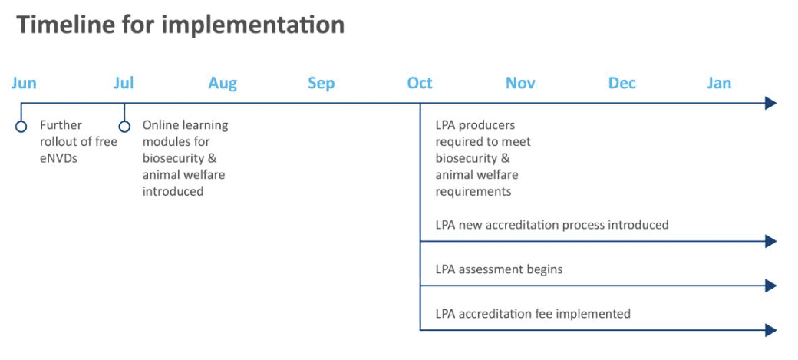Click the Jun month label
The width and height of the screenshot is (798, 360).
[x=24, y=83]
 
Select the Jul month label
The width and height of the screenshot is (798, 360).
[x=124, y=83]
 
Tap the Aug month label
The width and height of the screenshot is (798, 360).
[x=223, y=84]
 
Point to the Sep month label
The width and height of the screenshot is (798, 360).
[x=322, y=84]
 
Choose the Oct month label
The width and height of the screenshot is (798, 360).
[x=420, y=83]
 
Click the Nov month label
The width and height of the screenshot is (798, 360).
[x=520, y=83]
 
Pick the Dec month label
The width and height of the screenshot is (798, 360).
[x=622, y=83]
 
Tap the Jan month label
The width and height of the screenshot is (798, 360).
[x=719, y=83]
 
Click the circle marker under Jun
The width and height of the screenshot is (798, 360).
[x=21, y=127]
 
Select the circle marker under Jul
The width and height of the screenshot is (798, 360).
[x=124, y=127]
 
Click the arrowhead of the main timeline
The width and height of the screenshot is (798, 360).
[x=771, y=104]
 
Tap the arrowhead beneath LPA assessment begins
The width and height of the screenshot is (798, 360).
[x=771, y=286]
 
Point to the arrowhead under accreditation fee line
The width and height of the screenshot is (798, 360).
[x=771, y=330]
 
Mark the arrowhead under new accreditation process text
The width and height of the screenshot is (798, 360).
[x=771, y=241]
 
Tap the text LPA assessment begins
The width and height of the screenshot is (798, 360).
[x=500, y=269]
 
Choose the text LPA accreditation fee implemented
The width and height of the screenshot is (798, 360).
[x=533, y=314]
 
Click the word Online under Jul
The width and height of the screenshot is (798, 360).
[x=158, y=125]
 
